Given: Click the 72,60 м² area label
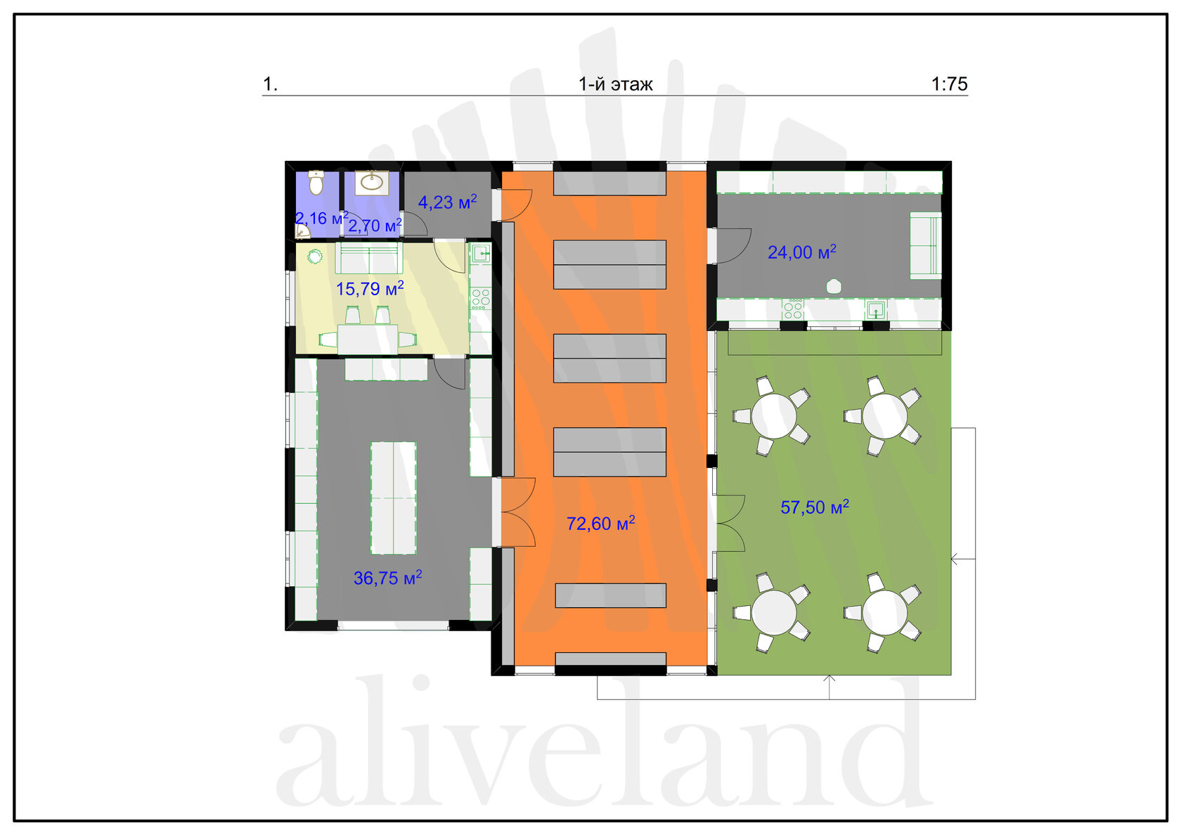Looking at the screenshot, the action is pos(600,524).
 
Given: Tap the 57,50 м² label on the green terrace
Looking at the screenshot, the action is pos(815,507).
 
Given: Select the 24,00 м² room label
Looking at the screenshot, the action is pos(802,252).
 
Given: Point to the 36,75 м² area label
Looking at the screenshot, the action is pos(387,578).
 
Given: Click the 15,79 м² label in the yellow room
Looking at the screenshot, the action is pos(370,288).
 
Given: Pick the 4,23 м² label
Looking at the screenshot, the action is pos(448,202).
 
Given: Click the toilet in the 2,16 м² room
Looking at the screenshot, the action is pos(316,183).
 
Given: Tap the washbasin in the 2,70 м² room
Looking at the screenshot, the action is pos(372,183).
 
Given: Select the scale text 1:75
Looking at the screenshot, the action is pos(950,84).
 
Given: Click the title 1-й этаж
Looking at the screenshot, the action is pos(616,84).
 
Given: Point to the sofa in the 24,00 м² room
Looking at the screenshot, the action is pos(926,245).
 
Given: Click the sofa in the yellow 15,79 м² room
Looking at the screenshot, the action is pos(369,258).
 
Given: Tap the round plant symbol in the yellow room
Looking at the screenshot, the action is pos(315,257).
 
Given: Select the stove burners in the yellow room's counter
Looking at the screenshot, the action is pos(480,298).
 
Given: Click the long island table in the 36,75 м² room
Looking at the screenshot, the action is pos(394,498).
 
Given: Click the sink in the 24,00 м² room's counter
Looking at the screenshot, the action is pos(876,309).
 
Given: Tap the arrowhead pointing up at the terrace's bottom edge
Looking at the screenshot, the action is pos(830,679).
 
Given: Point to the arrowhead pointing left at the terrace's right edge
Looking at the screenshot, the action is pos(955,559).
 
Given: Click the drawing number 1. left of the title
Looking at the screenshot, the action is pos(270,84).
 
